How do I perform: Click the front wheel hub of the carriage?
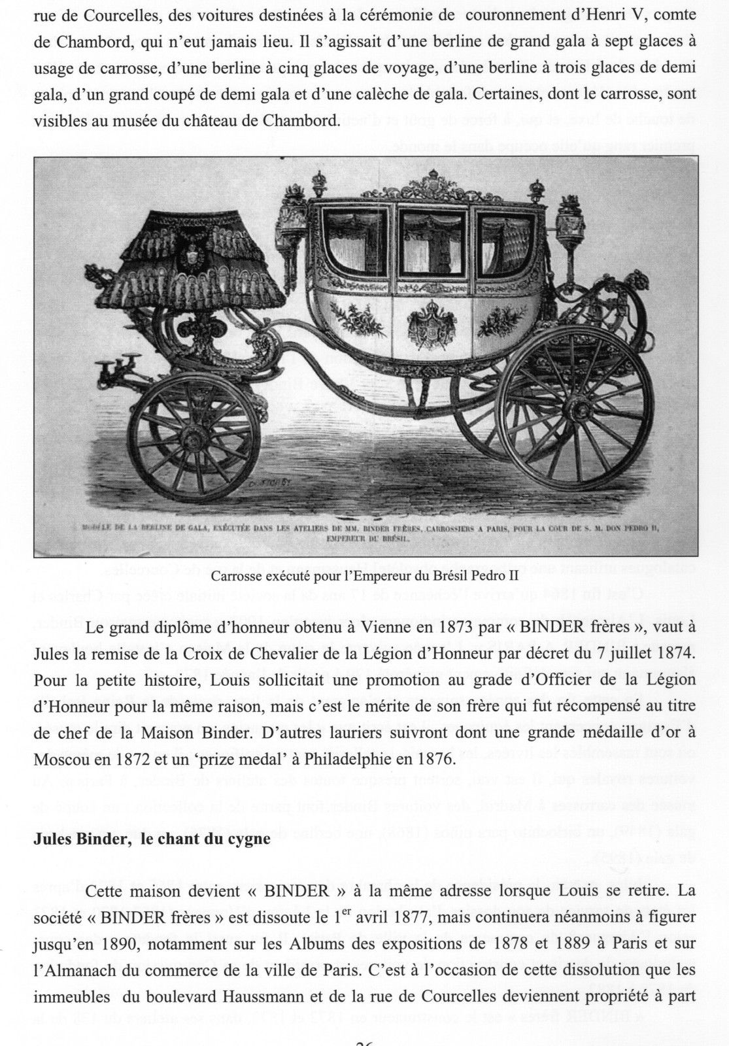click(192, 436)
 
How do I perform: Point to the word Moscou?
click(61, 760)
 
